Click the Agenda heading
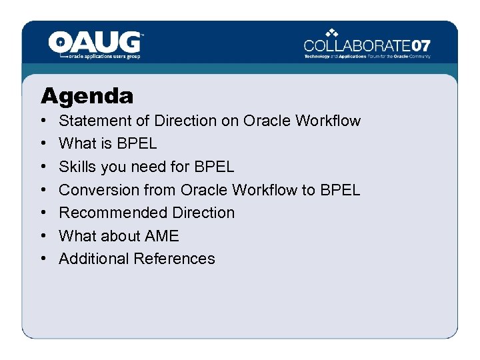point(87,96)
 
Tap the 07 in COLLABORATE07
point(421,46)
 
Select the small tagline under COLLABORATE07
point(367,57)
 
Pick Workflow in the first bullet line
point(328,121)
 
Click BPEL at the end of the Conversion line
point(340,190)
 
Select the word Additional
point(93,259)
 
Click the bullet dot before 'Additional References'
point(43,259)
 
